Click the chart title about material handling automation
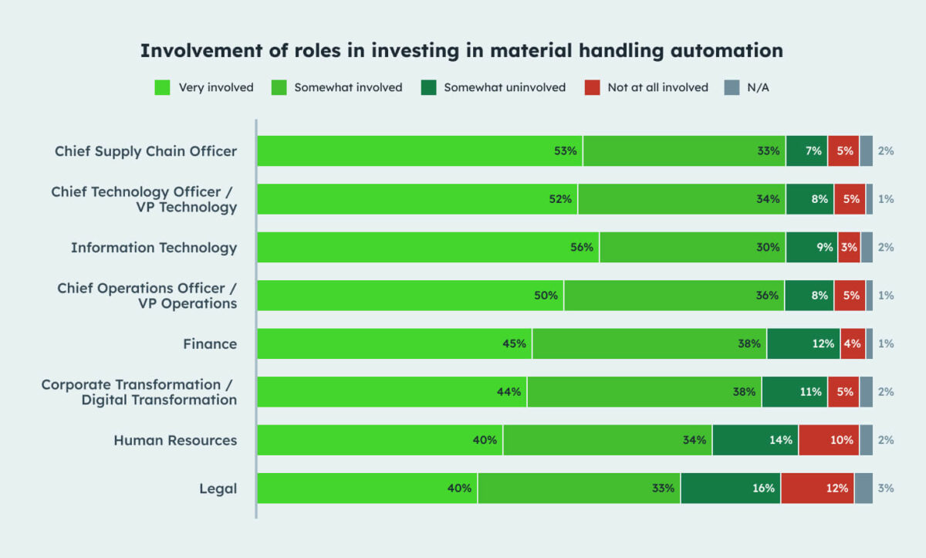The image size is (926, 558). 461,51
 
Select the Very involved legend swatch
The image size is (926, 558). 162,87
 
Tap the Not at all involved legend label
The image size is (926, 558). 657,87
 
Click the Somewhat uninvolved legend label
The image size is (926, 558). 505,87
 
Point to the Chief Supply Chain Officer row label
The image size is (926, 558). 146,150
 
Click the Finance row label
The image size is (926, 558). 210,343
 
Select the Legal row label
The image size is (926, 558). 218,489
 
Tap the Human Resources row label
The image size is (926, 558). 175,440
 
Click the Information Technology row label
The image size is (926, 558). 154,247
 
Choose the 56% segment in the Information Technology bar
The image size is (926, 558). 428,247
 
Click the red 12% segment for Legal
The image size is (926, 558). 817,489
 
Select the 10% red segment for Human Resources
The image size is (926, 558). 829,440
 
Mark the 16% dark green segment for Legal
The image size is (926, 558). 731,489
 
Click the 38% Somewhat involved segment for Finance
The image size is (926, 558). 650,343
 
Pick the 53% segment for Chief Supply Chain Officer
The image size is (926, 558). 420,150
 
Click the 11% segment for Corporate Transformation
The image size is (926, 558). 795,392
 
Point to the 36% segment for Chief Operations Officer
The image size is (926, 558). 674,296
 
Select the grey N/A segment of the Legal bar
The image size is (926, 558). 863,489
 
